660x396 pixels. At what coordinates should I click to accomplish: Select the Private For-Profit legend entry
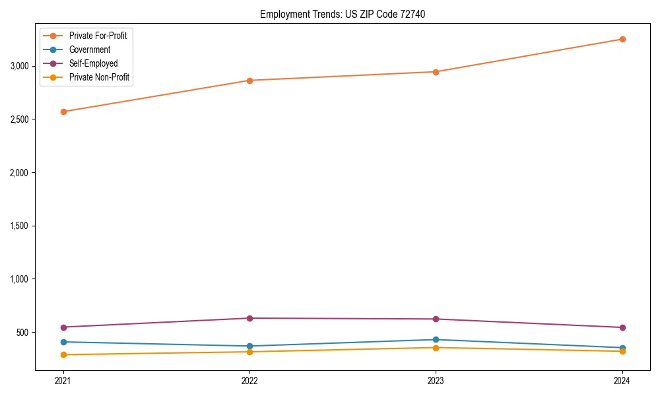pyautogui.click(x=98, y=36)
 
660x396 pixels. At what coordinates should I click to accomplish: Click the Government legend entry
pyautogui.click(x=89, y=49)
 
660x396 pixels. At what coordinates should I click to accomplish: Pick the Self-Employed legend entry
pyautogui.click(x=93, y=63)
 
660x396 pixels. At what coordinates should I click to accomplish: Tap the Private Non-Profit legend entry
pyautogui.click(x=99, y=77)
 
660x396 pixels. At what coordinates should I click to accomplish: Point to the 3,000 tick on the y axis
pyautogui.click(x=19, y=66)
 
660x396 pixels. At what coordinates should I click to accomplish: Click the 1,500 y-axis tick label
pyautogui.click(x=19, y=226)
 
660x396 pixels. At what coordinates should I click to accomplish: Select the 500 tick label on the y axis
pyautogui.click(x=23, y=332)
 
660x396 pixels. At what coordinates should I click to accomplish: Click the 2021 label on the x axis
pyautogui.click(x=63, y=380)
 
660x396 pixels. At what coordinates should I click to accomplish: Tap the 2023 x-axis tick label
pyautogui.click(x=436, y=380)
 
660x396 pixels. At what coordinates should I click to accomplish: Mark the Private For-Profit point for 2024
pyautogui.click(x=622, y=39)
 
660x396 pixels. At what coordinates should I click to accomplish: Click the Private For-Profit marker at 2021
pyautogui.click(x=63, y=112)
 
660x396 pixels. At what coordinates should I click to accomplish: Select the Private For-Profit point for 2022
pyautogui.click(x=249, y=81)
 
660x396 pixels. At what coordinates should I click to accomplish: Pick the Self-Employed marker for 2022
pyautogui.click(x=249, y=318)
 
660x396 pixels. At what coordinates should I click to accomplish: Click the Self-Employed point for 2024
pyautogui.click(x=622, y=327)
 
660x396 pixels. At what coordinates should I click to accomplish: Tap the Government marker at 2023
pyautogui.click(x=436, y=339)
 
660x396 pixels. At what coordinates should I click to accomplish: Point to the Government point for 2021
pyautogui.click(x=63, y=342)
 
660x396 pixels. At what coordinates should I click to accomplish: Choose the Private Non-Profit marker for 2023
pyautogui.click(x=436, y=347)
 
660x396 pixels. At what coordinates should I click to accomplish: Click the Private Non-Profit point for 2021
pyautogui.click(x=63, y=354)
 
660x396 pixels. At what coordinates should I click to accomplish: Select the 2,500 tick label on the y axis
pyautogui.click(x=19, y=119)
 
